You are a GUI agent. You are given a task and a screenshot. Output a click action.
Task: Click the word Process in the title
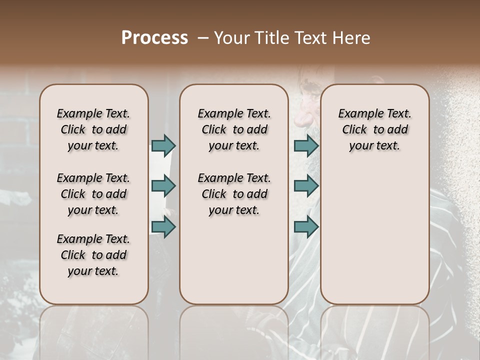click(x=154, y=38)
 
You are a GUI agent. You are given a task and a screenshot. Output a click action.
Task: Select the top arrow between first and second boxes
click(x=163, y=145)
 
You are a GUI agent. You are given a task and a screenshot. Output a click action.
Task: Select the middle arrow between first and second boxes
click(x=163, y=186)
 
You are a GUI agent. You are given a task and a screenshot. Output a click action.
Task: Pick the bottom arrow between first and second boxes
click(x=163, y=226)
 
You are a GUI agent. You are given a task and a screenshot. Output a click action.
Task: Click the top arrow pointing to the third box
click(x=306, y=145)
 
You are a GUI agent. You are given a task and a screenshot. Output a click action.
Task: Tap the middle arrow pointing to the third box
click(x=306, y=186)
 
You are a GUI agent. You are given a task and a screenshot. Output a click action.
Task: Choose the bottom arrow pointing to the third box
click(x=306, y=226)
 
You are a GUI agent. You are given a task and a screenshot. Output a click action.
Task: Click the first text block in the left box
click(x=93, y=129)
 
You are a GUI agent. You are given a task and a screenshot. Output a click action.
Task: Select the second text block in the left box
click(x=93, y=194)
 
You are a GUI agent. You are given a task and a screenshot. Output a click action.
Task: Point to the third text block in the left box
click(x=93, y=255)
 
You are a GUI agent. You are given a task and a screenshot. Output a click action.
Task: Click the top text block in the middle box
click(x=234, y=129)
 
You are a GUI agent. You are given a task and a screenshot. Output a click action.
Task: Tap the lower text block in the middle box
click(x=234, y=194)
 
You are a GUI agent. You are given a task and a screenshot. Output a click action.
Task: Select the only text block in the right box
click(x=374, y=129)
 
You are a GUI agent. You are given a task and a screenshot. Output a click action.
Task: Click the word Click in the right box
click(x=354, y=130)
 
